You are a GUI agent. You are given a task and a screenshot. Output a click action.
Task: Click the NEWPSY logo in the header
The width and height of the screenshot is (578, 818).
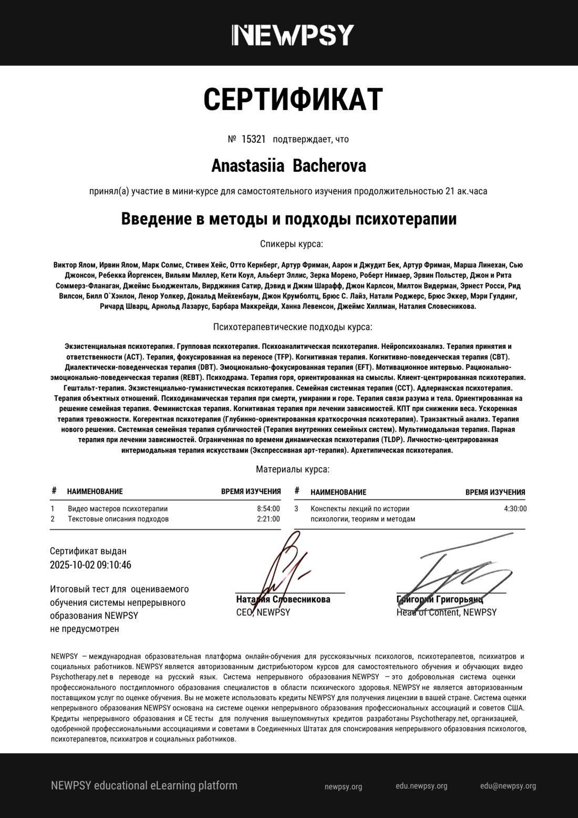click(x=293, y=35)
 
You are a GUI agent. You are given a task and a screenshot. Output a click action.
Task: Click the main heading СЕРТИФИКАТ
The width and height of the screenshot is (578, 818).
click(x=293, y=99)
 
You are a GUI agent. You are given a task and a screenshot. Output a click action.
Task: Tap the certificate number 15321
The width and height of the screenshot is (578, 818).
click(x=253, y=139)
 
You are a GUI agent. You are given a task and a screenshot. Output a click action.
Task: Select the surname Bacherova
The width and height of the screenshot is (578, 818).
click(x=329, y=166)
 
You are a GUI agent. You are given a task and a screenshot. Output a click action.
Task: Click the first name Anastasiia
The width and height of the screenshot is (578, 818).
click(x=247, y=166)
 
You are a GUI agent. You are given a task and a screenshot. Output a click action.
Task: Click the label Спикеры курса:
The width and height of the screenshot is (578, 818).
click(x=291, y=244)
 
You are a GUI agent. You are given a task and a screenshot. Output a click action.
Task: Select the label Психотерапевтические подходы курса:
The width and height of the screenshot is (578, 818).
click(x=292, y=327)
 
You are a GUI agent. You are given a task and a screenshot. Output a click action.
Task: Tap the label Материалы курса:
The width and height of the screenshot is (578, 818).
click(x=293, y=469)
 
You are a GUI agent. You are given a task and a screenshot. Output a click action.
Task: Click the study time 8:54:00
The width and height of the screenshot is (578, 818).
click(x=268, y=509)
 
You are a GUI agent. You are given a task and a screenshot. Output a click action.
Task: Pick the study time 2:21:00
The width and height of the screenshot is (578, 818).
click(x=268, y=519)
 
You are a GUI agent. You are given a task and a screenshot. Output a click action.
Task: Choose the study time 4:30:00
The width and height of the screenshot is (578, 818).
click(x=515, y=509)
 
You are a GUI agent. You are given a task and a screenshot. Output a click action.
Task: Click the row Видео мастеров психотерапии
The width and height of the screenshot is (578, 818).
click(x=118, y=509)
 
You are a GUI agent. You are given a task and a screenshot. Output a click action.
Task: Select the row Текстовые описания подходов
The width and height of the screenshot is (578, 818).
click(x=118, y=519)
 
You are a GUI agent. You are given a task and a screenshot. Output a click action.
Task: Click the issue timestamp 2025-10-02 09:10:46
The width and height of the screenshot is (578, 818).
click(x=90, y=565)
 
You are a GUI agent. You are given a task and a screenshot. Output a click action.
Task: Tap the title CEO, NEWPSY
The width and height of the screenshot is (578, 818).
click(x=263, y=612)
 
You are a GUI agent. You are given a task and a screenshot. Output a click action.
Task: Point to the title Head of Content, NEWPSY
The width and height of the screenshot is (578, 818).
click(x=446, y=612)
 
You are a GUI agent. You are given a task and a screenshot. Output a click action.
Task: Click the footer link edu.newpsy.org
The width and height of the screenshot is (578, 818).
click(x=421, y=786)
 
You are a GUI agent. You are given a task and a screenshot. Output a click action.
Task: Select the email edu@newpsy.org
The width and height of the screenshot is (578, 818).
click(x=508, y=786)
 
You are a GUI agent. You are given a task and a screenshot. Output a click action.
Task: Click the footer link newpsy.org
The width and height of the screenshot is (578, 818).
click(x=343, y=787)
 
